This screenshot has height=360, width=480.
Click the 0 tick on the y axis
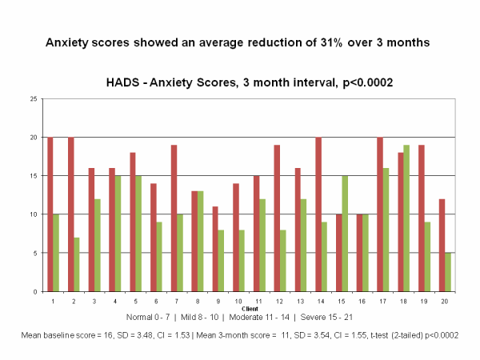[35, 291]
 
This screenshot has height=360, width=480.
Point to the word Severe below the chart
[309, 318]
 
